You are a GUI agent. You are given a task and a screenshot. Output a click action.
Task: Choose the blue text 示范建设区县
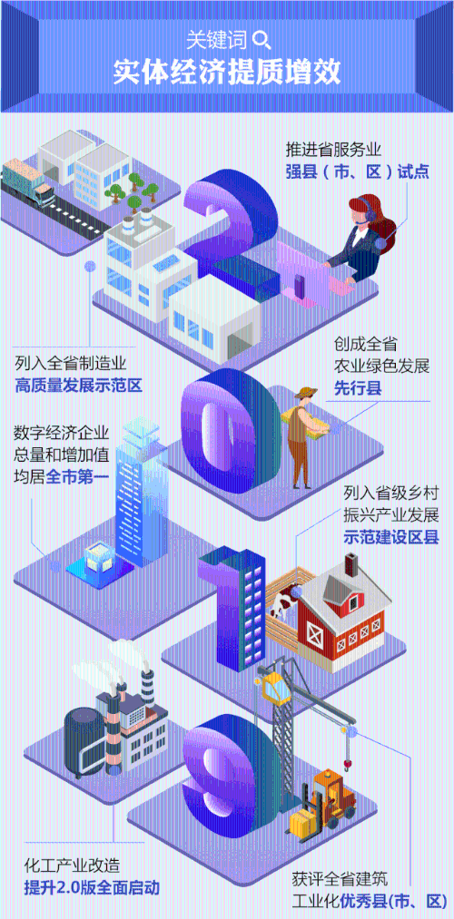click(x=391, y=537)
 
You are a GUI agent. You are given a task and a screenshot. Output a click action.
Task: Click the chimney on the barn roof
click(x=352, y=566)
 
